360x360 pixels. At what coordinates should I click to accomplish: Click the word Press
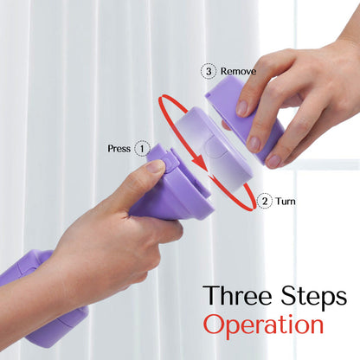tap(119, 149)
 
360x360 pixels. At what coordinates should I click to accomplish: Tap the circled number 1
tap(142, 148)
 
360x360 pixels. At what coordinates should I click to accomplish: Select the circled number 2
tap(265, 201)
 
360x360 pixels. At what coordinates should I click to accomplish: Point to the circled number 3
tap(209, 71)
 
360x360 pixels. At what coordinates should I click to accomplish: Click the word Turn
tap(286, 201)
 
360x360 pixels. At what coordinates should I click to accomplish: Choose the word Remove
tap(238, 71)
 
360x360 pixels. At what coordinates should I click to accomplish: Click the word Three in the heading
tap(237, 295)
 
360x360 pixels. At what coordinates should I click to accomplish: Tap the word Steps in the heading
tap(314, 298)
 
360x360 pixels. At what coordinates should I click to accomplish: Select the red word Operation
tap(263, 325)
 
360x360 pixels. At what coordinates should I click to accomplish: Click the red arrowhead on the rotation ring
tap(201, 163)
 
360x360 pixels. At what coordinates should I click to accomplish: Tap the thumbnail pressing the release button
tap(156, 166)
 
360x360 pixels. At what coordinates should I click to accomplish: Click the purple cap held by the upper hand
tap(245, 119)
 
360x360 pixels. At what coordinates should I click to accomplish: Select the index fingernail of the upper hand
tap(241, 108)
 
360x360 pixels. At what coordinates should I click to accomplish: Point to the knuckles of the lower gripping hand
tap(162, 234)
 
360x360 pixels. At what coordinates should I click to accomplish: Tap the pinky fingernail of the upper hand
tap(273, 161)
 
